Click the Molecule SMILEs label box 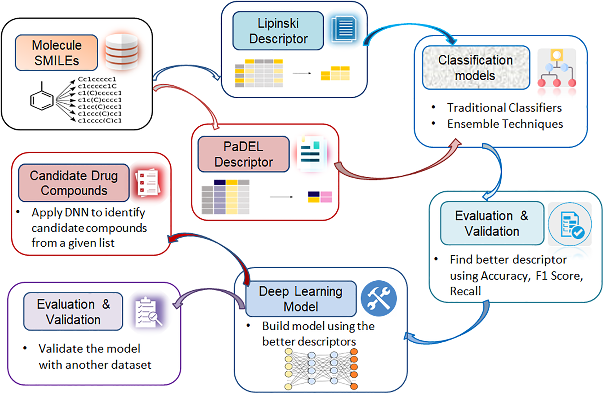point(56,53)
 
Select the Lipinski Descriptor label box point(278,31)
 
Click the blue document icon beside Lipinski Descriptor point(344,29)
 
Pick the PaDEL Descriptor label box point(243,154)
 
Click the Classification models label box point(476,68)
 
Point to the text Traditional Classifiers point(504,108)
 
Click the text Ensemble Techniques point(505,124)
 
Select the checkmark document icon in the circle point(570,224)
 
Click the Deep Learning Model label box point(301,299)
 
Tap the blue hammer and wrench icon point(379,299)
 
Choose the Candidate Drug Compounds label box point(74,183)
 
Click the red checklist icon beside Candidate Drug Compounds point(147,182)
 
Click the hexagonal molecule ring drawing point(42,98)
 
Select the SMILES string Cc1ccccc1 point(97,79)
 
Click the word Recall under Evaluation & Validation point(465,291)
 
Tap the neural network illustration point(321,369)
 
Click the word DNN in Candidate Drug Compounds point(76,212)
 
